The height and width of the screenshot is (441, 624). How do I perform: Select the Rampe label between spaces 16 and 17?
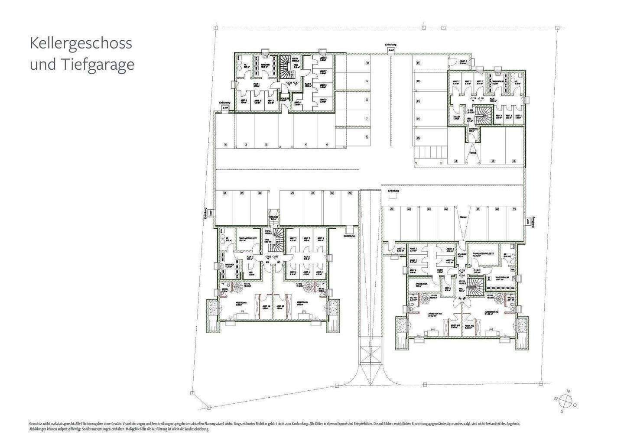tap(473, 152)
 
